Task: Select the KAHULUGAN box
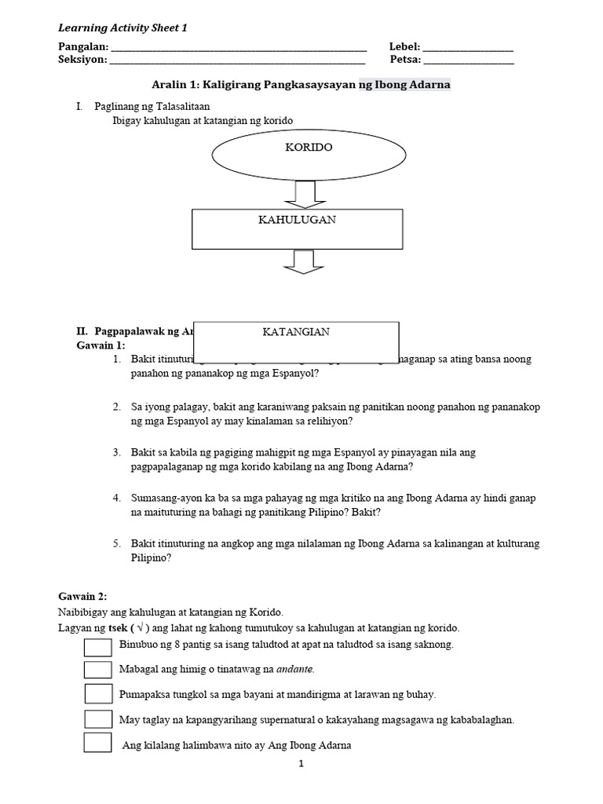(297, 228)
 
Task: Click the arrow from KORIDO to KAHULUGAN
(304, 193)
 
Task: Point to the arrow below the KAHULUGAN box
(304, 261)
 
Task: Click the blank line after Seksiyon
(237, 60)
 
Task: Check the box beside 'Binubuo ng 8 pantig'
(98, 645)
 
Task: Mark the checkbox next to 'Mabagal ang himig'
(98, 670)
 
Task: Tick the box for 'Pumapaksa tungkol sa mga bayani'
(98, 694)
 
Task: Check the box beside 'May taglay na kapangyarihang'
(98, 718)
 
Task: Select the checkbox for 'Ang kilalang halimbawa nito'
(98, 744)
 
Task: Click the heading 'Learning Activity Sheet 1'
(123, 28)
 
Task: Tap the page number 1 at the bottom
(301, 762)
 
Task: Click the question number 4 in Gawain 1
(116, 498)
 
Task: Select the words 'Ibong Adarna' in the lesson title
(416, 85)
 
